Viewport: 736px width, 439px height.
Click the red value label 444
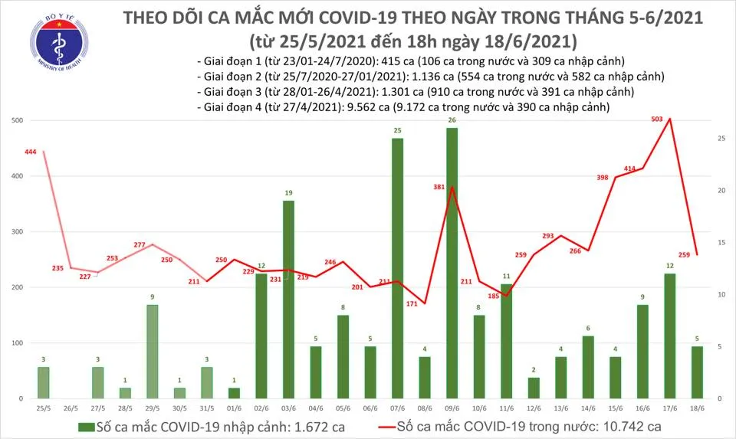(31, 152)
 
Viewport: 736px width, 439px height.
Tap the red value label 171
(412, 305)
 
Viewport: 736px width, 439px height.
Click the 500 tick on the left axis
(15, 121)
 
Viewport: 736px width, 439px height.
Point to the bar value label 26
(452, 120)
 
